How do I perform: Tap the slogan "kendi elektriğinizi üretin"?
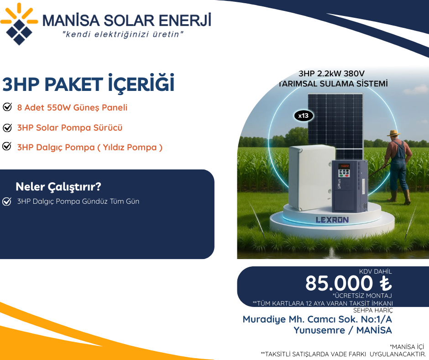pos(123,34)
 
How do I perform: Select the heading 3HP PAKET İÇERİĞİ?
pos(89,85)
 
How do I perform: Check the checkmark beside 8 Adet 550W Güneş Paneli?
pos(7,107)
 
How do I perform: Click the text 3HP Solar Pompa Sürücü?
pos(70,127)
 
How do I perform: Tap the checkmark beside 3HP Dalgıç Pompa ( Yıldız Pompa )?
pos(7,147)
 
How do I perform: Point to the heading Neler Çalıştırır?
pos(58,187)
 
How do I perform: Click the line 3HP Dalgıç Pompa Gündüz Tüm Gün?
pos(78,201)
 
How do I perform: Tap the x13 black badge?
pos(303,116)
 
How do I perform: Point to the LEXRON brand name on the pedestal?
pos(332,220)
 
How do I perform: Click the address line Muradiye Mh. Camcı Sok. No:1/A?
pos(317,319)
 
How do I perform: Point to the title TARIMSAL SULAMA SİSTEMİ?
pos(334,84)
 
